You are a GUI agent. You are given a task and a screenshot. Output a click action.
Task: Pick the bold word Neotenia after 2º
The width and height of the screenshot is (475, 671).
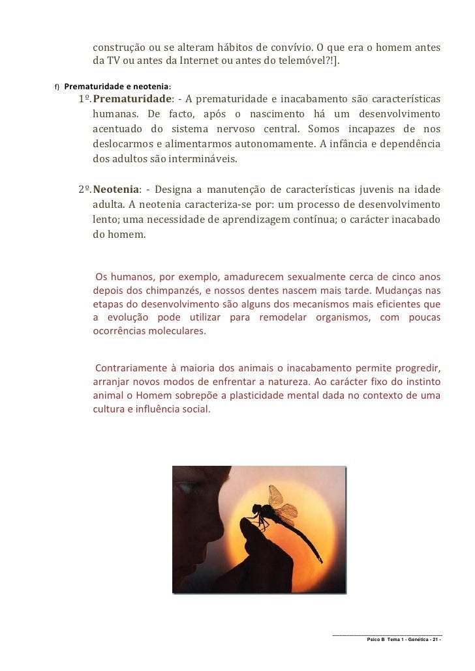click(115, 190)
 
